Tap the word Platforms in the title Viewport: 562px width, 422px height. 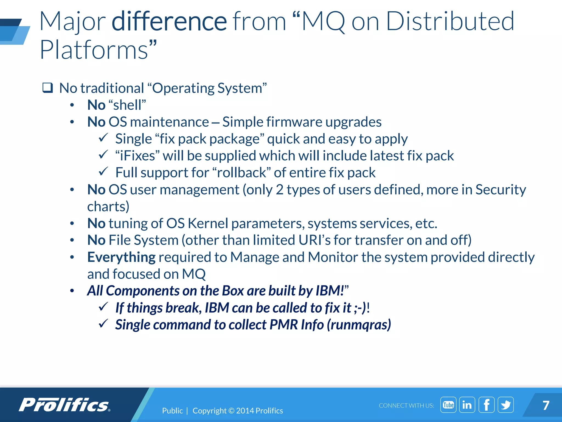click(94, 50)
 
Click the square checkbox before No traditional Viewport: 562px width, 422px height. click(47, 88)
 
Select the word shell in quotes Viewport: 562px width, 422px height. click(127, 105)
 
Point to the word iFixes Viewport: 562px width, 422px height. click(137, 156)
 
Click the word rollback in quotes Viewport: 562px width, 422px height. click(241, 173)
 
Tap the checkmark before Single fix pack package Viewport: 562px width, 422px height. click(103, 138)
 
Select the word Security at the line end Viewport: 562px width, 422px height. click(501, 190)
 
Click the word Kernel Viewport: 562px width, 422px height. click(208, 223)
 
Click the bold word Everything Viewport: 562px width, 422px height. click(121, 257)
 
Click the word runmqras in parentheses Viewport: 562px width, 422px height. click(359, 325)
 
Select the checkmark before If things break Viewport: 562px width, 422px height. click(103, 307)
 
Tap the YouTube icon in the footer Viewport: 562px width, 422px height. click(448, 405)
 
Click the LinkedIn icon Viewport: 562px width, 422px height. click(467, 405)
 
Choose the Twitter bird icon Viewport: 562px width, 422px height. click(505, 405)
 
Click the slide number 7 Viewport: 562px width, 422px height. click(546, 406)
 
